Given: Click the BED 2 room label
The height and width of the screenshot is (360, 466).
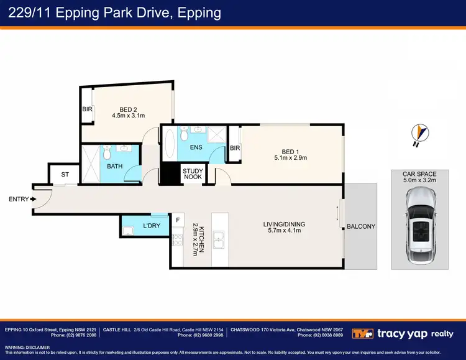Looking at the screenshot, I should coord(128,109).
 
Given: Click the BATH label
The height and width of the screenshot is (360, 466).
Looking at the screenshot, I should coord(115,166).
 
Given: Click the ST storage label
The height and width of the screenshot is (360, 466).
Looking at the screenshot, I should coord(65,175).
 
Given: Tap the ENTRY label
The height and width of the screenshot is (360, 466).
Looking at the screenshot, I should coord(17,199).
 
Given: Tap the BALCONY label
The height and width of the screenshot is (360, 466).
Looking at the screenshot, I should coord(361,226).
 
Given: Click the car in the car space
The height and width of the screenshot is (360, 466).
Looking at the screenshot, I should coord(419,227).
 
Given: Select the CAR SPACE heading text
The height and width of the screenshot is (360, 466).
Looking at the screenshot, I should coord(419,175).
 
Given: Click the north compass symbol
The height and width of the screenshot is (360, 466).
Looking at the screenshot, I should coord(420,133).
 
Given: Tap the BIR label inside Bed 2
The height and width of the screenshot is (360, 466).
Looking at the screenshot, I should coord(87,109).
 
